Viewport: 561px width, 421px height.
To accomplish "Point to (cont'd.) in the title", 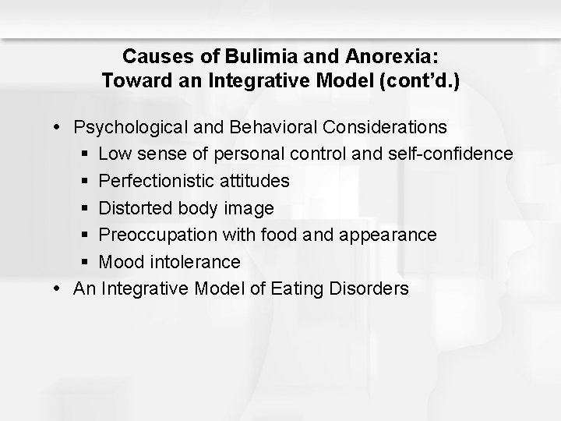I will tap(418, 80).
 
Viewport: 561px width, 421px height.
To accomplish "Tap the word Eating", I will tap(295, 289).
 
